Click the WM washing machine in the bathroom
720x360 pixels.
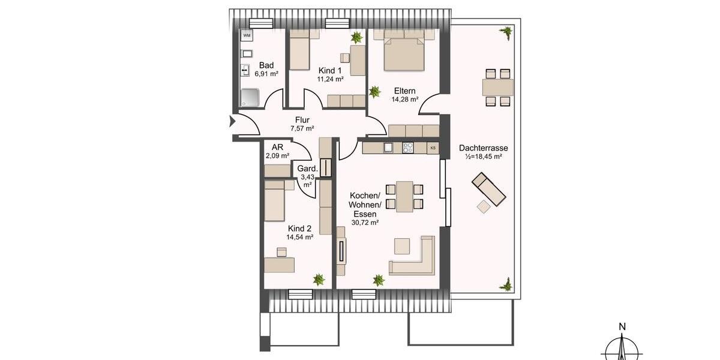point(247,36)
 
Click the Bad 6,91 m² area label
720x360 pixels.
point(266,70)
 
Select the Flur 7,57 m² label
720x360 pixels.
point(302,124)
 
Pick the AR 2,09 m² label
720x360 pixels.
point(278,151)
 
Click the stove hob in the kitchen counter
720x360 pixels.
point(408,147)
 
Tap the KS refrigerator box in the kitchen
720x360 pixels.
point(433,147)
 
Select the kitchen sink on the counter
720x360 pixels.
point(388,147)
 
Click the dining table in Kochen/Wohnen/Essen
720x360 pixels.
point(404,196)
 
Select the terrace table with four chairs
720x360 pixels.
point(498,88)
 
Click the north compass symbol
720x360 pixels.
point(623,347)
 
